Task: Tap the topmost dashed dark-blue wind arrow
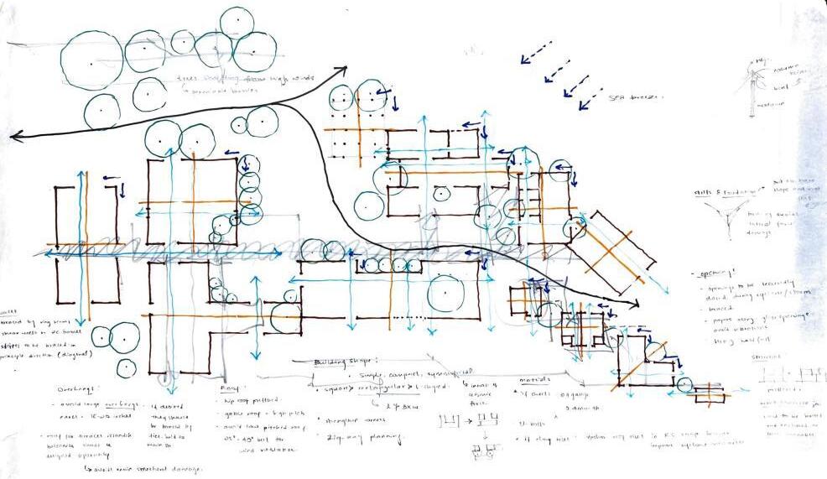pyautogui.click(x=537, y=52)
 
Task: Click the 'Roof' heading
pyautogui.click(x=230, y=388)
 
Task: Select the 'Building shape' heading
pyautogui.click(x=342, y=361)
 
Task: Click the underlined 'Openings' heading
pyautogui.click(x=713, y=276)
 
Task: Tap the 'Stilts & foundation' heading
pyautogui.click(x=726, y=192)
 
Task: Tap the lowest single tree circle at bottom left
pyautogui.click(x=127, y=367)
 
